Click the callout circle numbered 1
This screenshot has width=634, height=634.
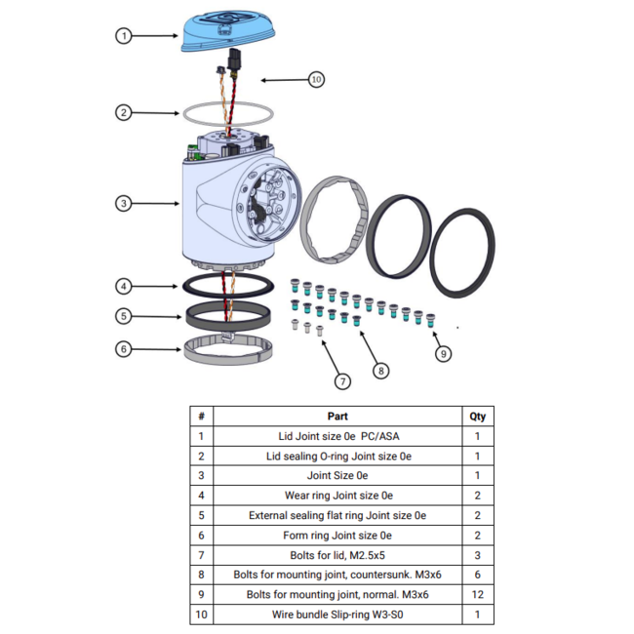coord(123,35)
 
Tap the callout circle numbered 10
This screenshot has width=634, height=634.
coord(316,79)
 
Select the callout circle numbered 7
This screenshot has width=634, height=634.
coord(342,380)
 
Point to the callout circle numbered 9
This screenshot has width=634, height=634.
coord(444,353)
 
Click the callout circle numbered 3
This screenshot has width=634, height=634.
coord(123,204)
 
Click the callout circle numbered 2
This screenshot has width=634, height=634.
coord(123,112)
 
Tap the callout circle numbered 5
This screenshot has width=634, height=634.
coord(123,316)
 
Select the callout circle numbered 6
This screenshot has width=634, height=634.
coord(123,347)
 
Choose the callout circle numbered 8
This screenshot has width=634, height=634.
coord(381,370)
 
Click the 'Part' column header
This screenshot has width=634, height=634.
coord(337,416)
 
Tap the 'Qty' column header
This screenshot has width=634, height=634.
coord(477,416)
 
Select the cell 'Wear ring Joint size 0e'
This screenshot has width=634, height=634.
coord(337,495)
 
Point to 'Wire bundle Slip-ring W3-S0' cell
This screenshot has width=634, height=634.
coord(337,615)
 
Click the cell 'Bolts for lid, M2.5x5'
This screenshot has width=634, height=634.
coord(337,555)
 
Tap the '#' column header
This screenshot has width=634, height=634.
coord(201,416)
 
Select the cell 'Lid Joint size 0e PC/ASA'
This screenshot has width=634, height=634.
coord(337,436)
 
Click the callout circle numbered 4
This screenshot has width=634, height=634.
coord(123,287)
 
